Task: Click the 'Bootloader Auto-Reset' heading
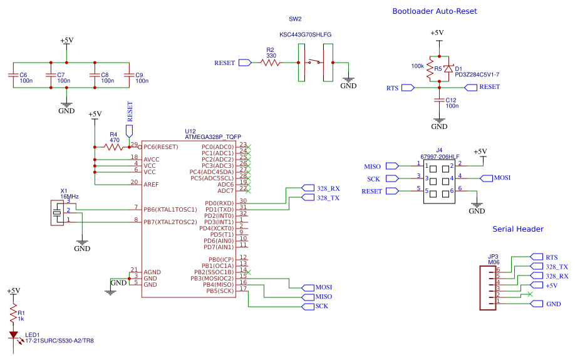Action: point(434,11)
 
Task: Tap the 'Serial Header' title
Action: point(517,229)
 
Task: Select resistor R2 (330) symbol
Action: point(271,63)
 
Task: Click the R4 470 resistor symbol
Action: point(114,147)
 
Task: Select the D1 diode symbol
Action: point(448,69)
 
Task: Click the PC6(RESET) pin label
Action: point(161,147)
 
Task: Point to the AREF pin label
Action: point(151,185)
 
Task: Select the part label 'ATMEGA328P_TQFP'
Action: point(212,136)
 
